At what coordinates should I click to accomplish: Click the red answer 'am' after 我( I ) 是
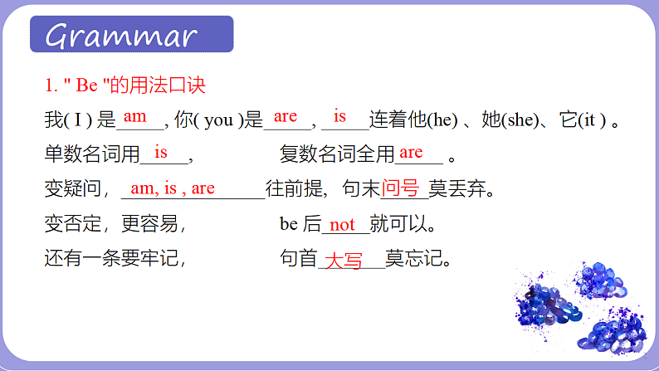point(134,117)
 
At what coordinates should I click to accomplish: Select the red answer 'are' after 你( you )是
point(285,116)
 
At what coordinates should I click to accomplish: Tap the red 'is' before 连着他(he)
point(339,115)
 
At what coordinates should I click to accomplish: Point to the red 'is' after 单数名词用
point(161,152)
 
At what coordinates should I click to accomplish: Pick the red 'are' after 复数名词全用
point(411,152)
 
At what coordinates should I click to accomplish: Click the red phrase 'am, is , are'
point(172,188)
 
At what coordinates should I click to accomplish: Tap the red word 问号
point(400,188)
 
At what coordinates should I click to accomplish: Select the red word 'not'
point(342,224)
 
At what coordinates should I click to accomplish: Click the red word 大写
point(343,261)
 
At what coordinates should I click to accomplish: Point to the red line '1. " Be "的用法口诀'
point(124,85)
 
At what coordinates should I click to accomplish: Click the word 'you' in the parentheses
point(217,121)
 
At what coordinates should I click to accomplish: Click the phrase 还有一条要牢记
point(115,260)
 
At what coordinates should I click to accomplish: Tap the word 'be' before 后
point(289,224)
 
